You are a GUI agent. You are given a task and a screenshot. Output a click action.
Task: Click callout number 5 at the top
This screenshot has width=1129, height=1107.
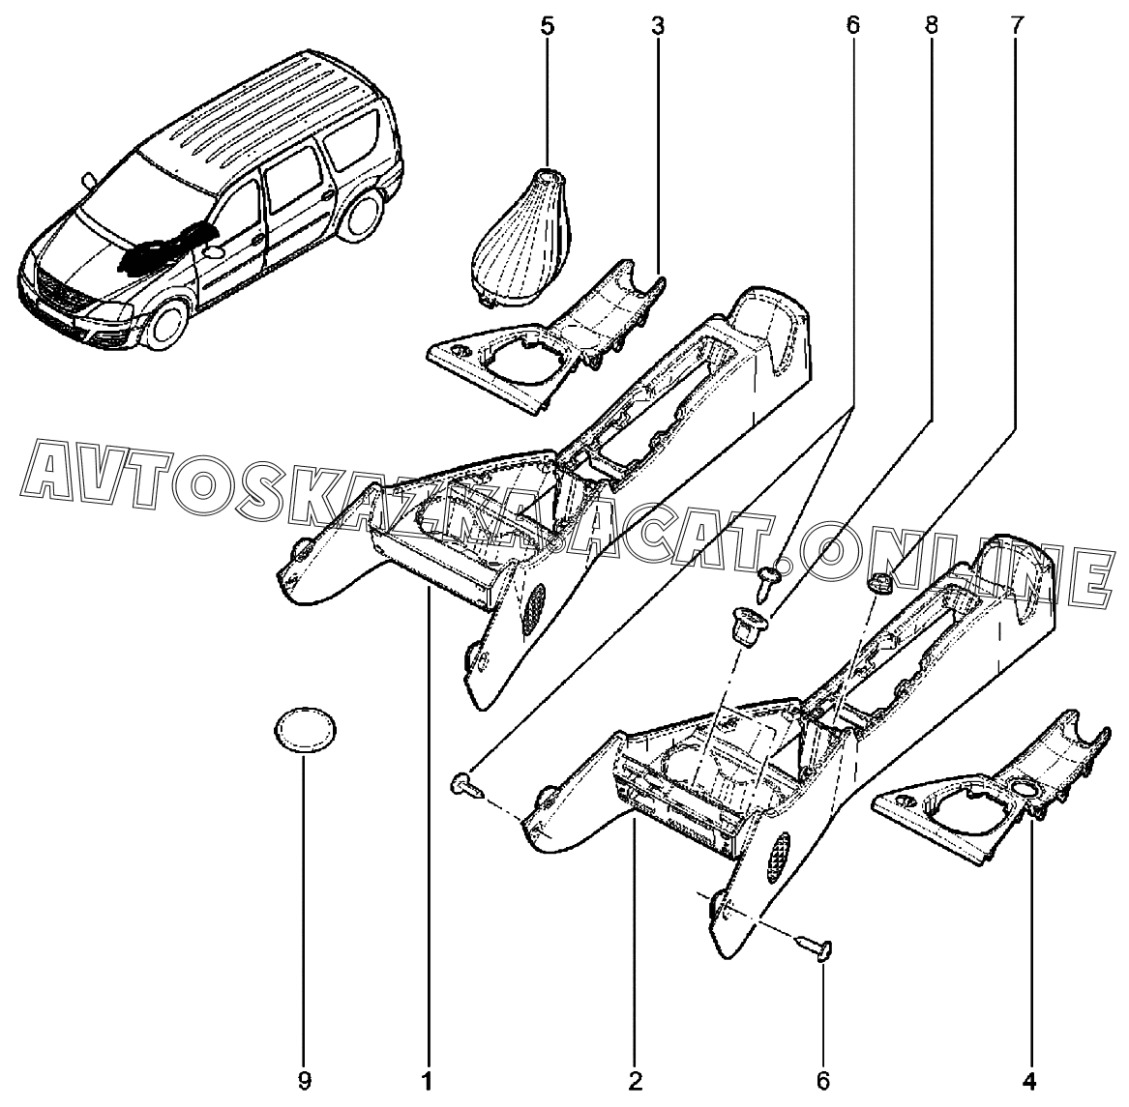(x=548, y=27)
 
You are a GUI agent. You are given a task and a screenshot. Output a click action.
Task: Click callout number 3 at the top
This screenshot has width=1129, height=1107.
(x=658, y=27)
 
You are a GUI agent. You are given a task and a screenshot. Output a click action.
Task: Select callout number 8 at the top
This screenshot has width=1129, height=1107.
(x=931, y=27)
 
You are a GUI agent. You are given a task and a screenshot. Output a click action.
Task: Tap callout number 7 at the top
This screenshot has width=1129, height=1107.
(x=1015, y=27)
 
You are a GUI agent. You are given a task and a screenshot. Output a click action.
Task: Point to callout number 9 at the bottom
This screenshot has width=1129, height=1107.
(x=305, y=1080)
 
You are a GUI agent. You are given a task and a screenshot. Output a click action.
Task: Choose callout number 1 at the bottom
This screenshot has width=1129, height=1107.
(x=428, y=1080)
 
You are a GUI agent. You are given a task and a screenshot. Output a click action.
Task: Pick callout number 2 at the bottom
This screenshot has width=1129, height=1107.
(x=635, y=1080)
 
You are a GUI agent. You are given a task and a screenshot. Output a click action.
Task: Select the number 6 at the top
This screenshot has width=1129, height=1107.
(x=852, y=27)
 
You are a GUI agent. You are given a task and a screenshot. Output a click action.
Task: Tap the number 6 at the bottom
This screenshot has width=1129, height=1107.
(x=823, y=1080)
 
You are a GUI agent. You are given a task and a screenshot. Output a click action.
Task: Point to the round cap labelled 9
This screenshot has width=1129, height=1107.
(x=306, y=730)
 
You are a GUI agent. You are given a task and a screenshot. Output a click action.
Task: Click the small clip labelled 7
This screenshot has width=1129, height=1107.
(x=879, y=582)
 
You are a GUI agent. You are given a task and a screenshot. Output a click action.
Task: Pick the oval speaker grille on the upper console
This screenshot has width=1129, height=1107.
(x=532, y=607)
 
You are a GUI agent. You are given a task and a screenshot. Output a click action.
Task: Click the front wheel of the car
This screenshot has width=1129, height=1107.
(x=168, y=325)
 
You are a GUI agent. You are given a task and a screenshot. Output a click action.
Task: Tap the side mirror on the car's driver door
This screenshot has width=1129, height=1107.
(x=214, y=253)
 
